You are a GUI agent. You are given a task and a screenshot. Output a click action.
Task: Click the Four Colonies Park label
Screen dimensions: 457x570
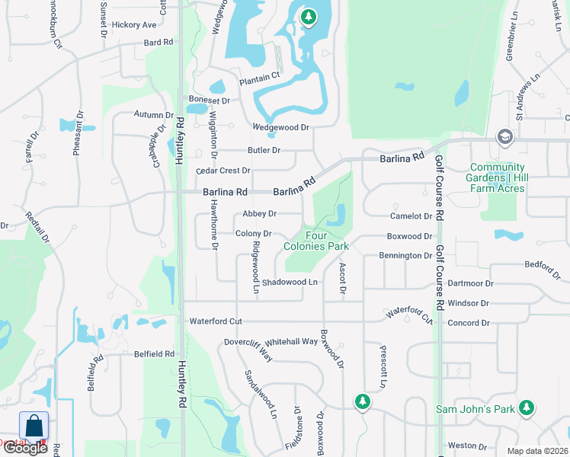pos(315,241)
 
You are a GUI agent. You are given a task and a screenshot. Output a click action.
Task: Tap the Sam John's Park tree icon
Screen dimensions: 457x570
pos(526,408)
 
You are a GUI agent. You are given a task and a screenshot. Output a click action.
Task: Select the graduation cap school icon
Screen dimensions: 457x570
pos(504,137)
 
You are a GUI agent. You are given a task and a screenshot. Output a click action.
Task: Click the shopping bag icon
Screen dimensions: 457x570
pos(34,426)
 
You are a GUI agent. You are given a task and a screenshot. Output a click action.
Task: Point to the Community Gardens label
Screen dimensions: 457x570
pos(498,177)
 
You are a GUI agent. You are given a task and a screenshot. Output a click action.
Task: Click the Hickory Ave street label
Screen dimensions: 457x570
pos(133,25)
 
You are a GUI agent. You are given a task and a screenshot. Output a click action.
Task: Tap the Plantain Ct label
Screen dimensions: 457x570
pos(260,76)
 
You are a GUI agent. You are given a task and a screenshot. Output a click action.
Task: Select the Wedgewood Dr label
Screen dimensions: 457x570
pos(281,127)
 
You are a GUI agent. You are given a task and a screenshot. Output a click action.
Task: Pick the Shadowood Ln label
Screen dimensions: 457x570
pos(289,283)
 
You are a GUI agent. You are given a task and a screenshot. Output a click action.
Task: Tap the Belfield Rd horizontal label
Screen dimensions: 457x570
pos(154,354)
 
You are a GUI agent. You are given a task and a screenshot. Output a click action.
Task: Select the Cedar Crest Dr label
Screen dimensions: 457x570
pos(223,171)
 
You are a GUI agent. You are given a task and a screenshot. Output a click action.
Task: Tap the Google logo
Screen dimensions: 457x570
pos(25,448)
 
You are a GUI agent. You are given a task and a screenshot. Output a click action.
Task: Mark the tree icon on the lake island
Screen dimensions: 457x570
pos(308,17)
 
